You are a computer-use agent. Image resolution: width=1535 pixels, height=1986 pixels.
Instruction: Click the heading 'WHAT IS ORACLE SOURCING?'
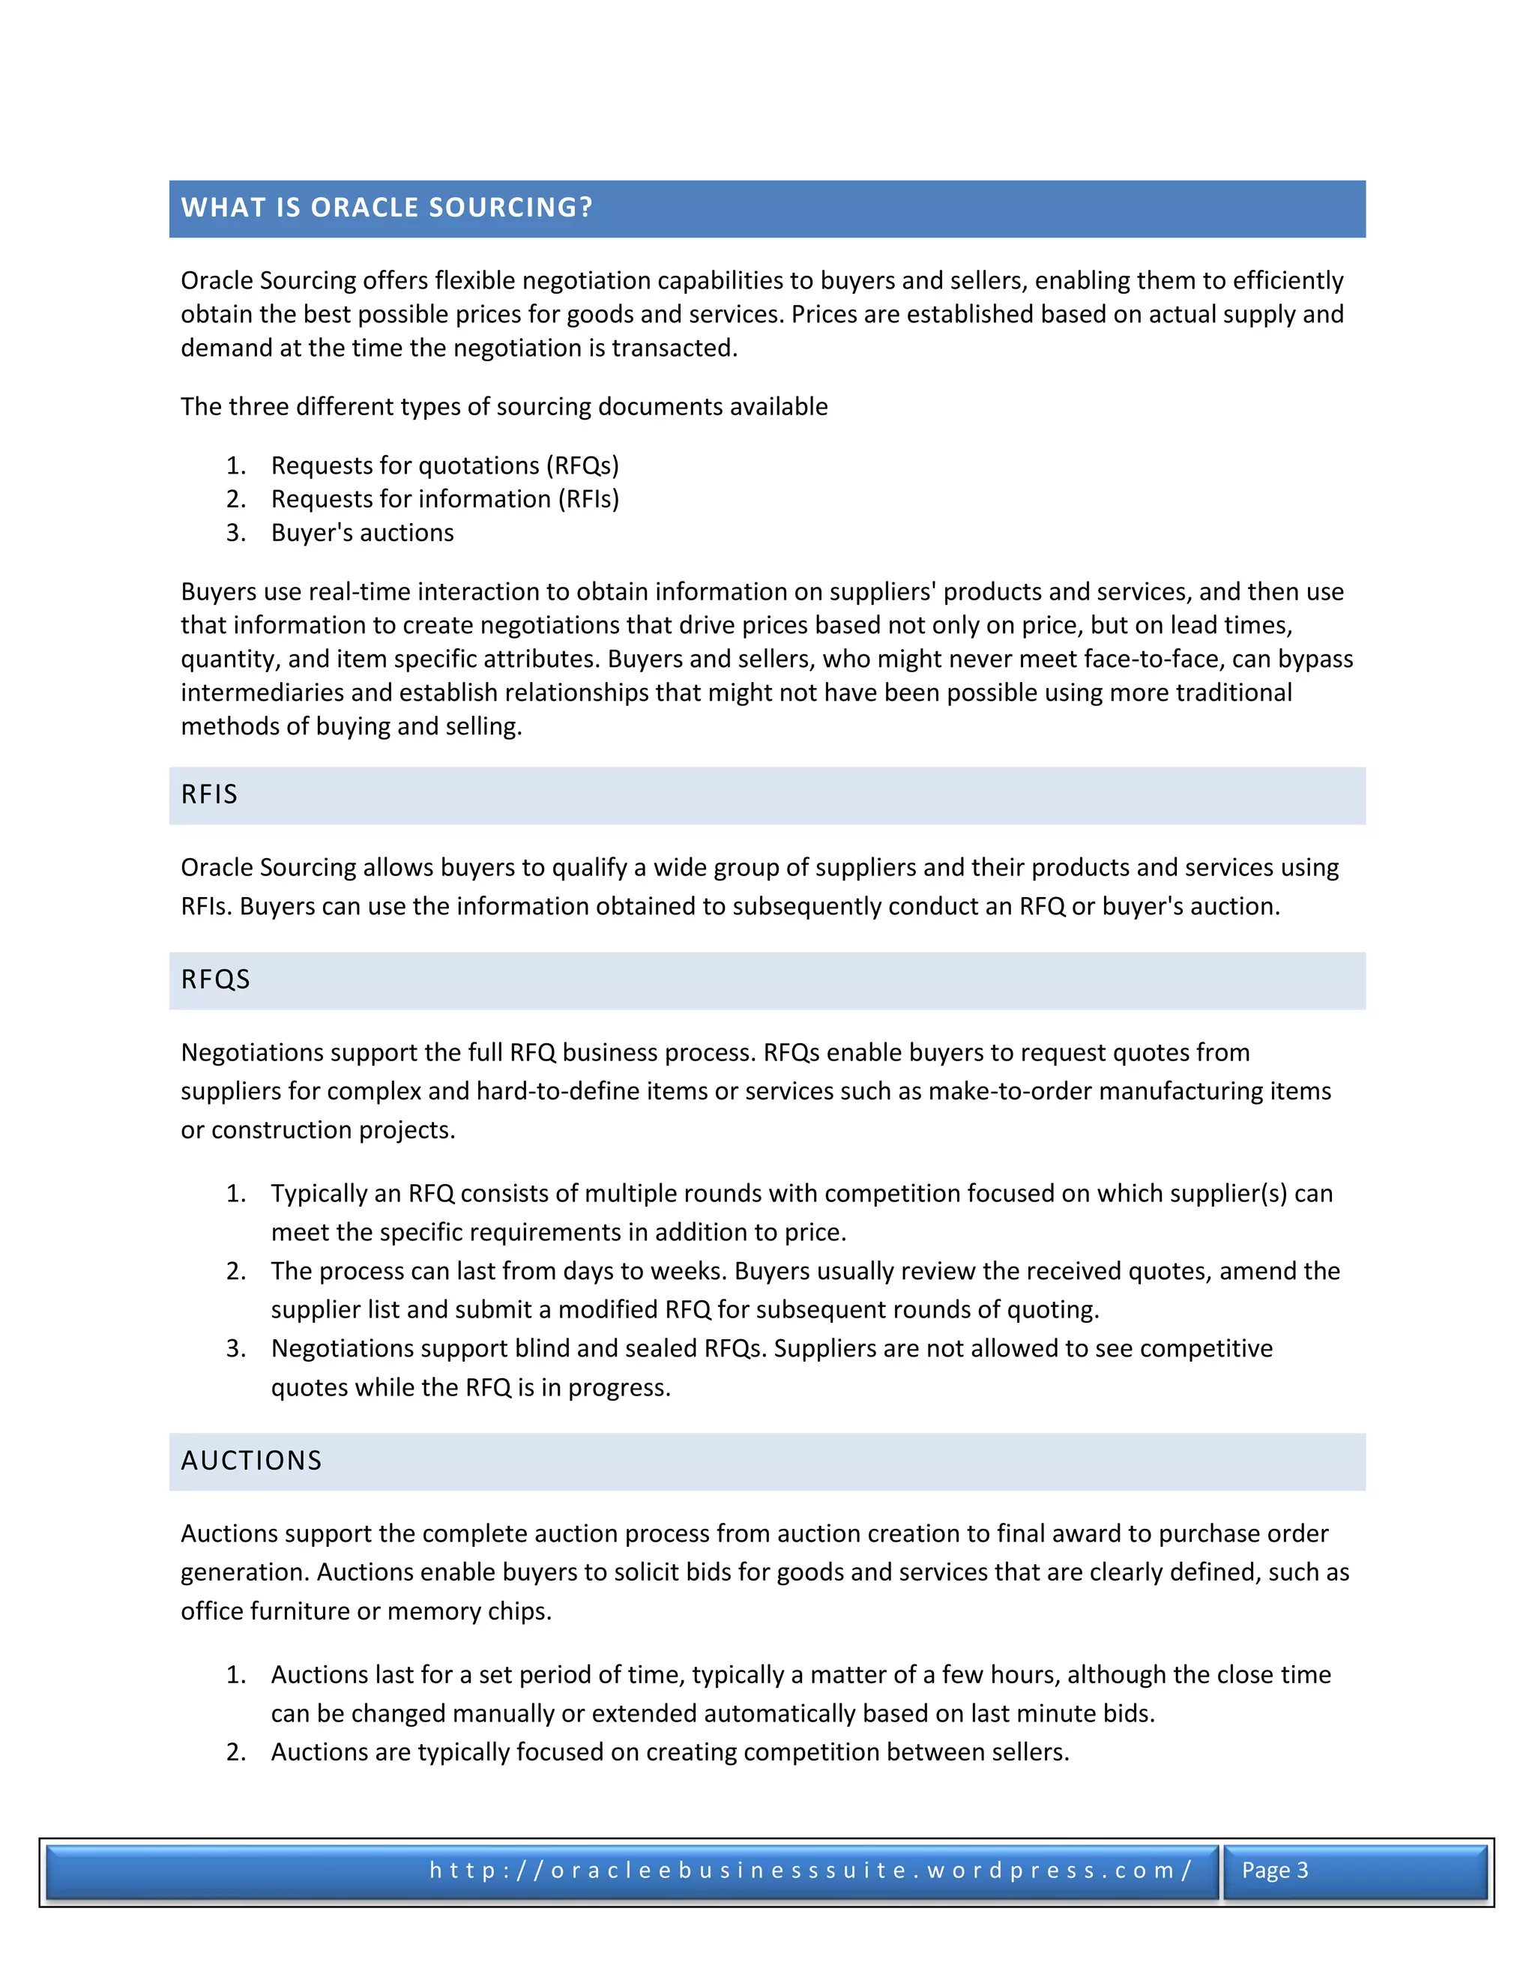pos(387,208)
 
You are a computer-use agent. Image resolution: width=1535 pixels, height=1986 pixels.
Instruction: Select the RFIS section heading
pos(209,794)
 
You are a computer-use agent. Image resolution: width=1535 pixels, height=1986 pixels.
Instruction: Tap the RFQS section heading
pos(216,980)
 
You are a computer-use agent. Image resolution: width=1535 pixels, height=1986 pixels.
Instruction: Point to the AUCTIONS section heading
pos(252,1461)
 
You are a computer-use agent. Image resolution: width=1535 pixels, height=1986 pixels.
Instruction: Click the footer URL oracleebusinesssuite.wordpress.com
pos(810,1871)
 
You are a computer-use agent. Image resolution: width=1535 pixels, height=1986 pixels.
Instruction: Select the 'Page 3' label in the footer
pos(1275,1871)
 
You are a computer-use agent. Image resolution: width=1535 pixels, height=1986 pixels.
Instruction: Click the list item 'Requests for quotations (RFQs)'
pos(444,465)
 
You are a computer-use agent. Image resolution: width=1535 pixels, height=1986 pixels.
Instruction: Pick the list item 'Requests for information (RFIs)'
pos(444,499)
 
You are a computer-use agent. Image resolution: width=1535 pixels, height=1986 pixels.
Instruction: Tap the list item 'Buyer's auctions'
pos(362,533)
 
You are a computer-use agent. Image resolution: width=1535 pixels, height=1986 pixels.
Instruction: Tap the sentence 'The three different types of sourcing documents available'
pos(504,406)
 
